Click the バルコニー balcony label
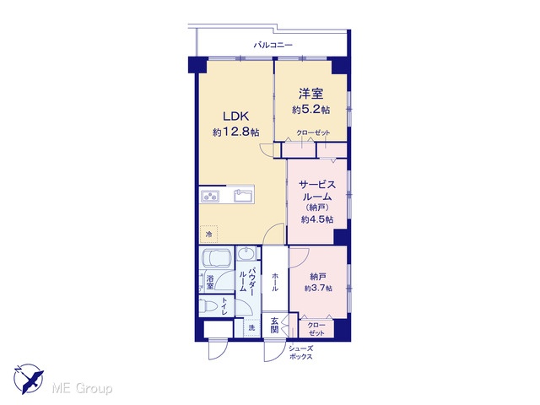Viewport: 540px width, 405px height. [x=273, y=45]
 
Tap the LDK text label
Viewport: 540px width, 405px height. [x=236, y=116]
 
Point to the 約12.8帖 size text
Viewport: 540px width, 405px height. [x=236, y=132]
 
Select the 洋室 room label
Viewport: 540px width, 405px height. [x=310, y=94]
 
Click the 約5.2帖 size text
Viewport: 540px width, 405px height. [x=310, y=110]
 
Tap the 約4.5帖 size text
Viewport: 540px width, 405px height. [x=317, y=219]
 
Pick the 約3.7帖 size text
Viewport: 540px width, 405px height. [x=318, y=288]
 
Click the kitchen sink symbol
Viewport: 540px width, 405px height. [x=242, y=195]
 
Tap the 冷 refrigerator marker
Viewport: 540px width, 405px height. [x=208, y=235]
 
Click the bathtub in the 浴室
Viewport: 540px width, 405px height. [x=217, y=258]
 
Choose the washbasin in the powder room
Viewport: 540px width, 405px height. [x=246, y=254]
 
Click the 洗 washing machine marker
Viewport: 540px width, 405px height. [x=251, y=328]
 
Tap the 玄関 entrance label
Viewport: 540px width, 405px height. [x=274, y=326]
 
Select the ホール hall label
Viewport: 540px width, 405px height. [x=275, y=282]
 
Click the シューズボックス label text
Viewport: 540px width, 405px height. [x=300, y=353]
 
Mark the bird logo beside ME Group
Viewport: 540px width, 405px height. [x=29, y=379]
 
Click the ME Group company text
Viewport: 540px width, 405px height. [x=82, y=389]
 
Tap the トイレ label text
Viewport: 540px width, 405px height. [x=224, y=306]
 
